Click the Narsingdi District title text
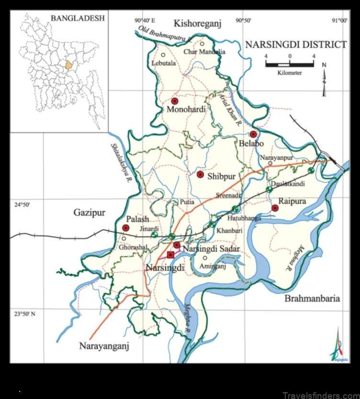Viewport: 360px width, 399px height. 295,45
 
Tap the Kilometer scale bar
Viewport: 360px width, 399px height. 290,64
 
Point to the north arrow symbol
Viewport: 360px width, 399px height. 324,79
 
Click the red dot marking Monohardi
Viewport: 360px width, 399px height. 175,101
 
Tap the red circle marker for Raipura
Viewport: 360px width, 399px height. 275,208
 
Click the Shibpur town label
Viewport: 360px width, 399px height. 221,176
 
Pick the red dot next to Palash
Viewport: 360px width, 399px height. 126,228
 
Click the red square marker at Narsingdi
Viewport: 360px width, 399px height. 170,254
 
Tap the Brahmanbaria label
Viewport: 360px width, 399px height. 312,299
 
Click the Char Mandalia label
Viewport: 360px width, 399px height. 204,52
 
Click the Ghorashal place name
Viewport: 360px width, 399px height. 133,247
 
